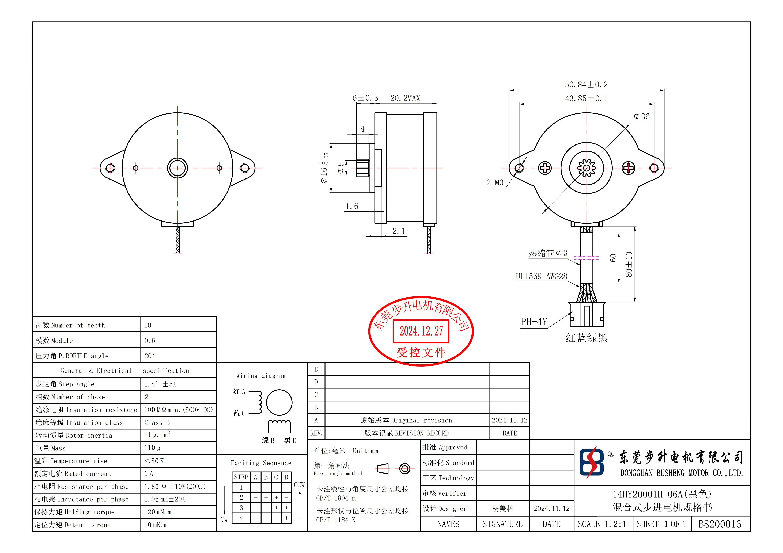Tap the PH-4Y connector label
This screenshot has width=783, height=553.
point(534,322)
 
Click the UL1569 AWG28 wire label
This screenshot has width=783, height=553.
point(541,276)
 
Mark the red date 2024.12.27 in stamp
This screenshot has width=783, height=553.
point(421,331)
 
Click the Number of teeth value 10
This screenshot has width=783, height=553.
point(148,325)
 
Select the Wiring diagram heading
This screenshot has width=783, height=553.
point(261,376)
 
